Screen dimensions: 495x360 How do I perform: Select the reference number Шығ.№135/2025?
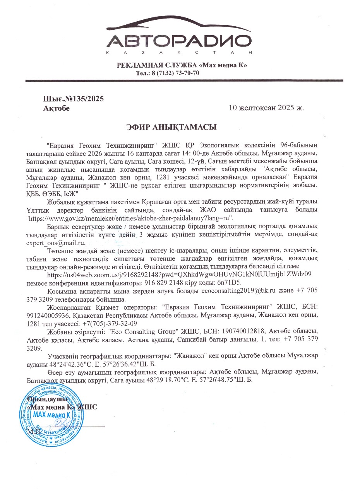click(x=73, y=99)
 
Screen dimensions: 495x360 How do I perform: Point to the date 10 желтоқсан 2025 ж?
click(x=267, y=108)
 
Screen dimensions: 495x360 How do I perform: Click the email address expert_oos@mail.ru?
click(x=55, y=242)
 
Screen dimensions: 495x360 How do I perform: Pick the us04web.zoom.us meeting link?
click(x=180, y=274)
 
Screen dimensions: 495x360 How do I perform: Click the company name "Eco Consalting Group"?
click(x=143, y=332)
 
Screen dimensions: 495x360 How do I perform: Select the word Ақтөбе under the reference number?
click(x=57, y=108)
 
